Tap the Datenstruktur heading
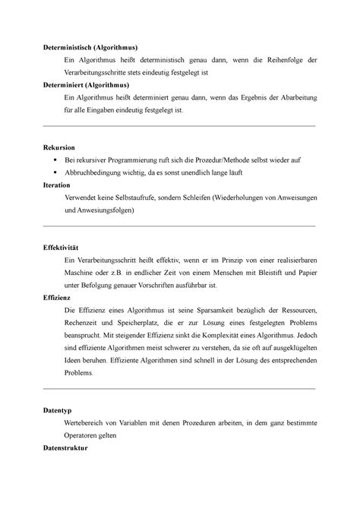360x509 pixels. [67, 448]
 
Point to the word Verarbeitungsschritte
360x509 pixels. [99, 72]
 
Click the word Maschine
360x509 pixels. [83, 273]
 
